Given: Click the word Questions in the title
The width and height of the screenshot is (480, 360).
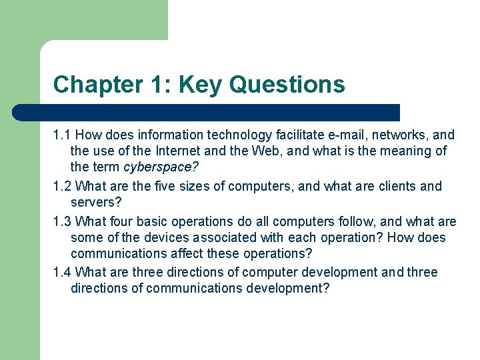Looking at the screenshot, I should [287, 85].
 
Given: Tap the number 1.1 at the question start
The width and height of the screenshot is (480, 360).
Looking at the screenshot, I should [62, 135].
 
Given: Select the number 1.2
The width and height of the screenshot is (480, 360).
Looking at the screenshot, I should [62, 186].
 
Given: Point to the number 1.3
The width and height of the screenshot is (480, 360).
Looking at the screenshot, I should [62, 221].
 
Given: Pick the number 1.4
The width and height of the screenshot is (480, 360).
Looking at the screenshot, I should [62, 272].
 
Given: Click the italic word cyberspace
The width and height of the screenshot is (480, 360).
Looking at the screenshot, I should [159, 167].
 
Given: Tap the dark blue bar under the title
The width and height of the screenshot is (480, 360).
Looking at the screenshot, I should [207, 112].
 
